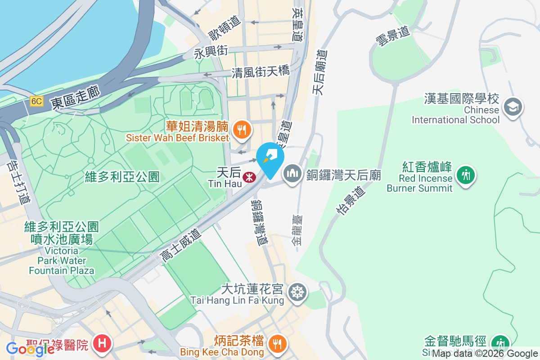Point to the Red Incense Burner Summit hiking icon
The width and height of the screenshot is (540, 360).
[466, 174]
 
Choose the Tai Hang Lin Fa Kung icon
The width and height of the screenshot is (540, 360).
[297, 292]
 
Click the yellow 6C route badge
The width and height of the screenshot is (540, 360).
[36, 101]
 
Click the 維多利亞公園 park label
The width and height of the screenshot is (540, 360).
[122, 177]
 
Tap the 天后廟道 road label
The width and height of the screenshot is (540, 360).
[320, 72]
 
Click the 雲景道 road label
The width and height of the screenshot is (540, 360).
[393, 36]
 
